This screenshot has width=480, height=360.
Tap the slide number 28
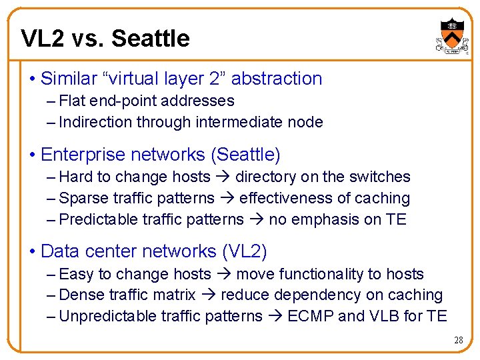(x=458, y=341)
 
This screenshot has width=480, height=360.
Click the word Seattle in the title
(x=151, y=39)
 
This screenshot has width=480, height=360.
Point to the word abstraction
(x=277, y=79)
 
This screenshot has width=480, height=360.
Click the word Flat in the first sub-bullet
(x=71, y=101)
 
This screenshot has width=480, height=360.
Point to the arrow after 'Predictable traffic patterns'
(x=257, y=219)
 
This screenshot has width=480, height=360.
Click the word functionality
(x=313, y=274)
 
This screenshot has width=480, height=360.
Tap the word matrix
(x=174, y=295)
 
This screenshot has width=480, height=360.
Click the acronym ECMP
(x=310, y=316)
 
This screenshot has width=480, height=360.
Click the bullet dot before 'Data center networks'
(x=33, y=252)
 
